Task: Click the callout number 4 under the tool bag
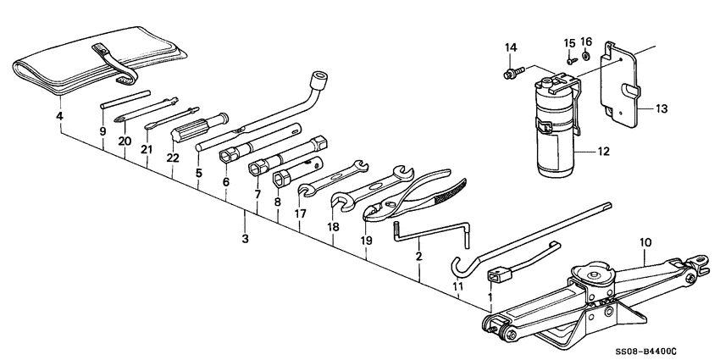(x=59, y=115)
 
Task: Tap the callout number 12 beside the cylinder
(x=603, y=152)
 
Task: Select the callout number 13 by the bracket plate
(x=662, y=108)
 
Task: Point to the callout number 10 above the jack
(x=645, y=242)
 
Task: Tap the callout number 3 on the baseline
(x=246, y=240)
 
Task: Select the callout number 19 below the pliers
(x=366, y=241)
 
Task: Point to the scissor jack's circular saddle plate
(x=590, y=274)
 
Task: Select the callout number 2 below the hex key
(x=419, y=256)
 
